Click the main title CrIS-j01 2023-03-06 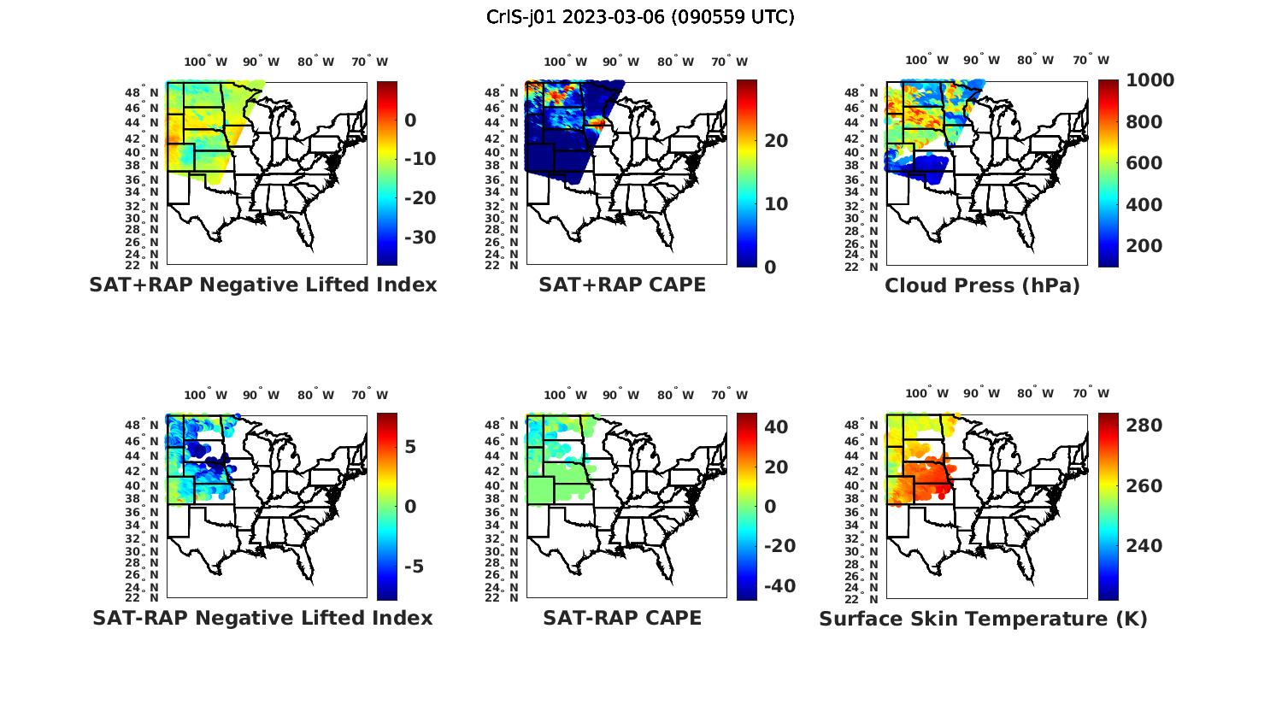pos(640,17)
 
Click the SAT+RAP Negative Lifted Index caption pos(262,285)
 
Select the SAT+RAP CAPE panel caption pos(622,285)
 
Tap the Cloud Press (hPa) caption pos(982,285)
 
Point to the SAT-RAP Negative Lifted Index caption pos(262,618)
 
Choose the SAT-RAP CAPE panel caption pos(622,618)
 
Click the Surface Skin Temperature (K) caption pos(983,619)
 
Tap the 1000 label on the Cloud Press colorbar pos(1150,80)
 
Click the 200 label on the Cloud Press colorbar pos(1144,246)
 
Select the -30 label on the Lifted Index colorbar pos(419,238)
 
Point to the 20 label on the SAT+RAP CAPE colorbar pos(776,141)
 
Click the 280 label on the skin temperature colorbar pos(1144,426)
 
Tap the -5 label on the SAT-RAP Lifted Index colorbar pos(414,567)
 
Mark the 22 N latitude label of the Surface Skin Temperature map pos(869,598)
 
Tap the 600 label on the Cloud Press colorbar pos(1144,163)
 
